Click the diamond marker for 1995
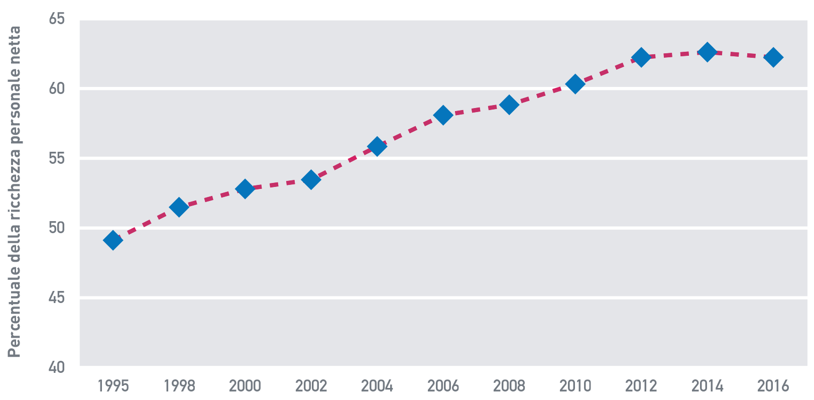(x=113, y=240)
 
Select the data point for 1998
(x=179, y=207)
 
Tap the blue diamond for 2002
(x=311, y=179)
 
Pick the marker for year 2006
(x=443, y=115)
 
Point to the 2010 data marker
(x=575, y=84)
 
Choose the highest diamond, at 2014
(x=707, y=52)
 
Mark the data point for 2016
(x=773, y=57)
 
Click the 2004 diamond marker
(x=377, y=147)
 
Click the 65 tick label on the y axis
(x=57, y=19)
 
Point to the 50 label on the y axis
(x=57, y=228)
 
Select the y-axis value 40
(x=57, y=367)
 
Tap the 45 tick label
(x=57, y=297)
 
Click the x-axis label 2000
(x=245, y=385)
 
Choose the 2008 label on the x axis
(x=509, y=385)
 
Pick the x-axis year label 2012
(x=641, y=385)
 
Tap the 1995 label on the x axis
(x=113, y=385)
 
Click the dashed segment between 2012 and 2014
(x=674, y=54)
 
